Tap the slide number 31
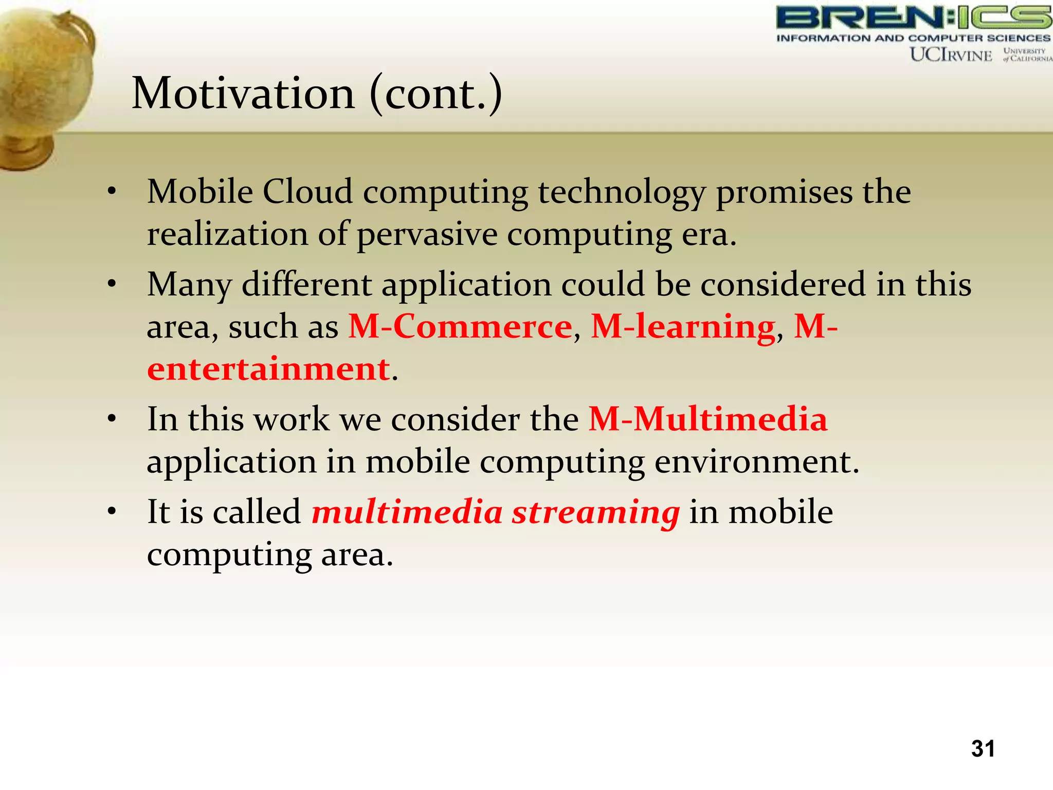pyautogui.click(x=983, y=748)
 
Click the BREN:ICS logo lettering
pyautogui.click(x=913, y=17)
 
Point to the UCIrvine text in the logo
pyautogui.click(x=951, y=55)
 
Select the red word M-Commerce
pyautogui.click(x=460, y=327)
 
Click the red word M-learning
pyautogui.click(x=683, y=327)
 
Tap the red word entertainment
pyautogui.click(x=268, y=369)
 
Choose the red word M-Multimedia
pyautogui.click(x=708, y=419)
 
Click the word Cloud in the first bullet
pyautogui.click(x=307, y=192)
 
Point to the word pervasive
pyautogui.click(x=427, y=234)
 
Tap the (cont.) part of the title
pyautogui.click(x=435, y=94)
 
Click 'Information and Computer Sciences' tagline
pyautogui.click(x=913, y=38)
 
